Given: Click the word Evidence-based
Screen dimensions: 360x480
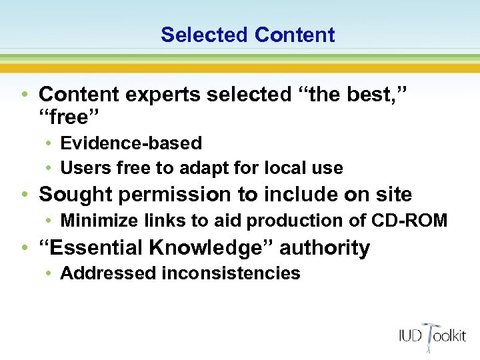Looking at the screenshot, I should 131,143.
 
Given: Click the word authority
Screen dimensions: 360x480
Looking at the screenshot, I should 325,247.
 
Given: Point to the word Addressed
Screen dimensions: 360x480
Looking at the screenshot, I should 100,273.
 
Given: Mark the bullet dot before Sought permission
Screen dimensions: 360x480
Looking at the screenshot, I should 25,195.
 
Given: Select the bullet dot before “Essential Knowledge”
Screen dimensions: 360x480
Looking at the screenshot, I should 25,248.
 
